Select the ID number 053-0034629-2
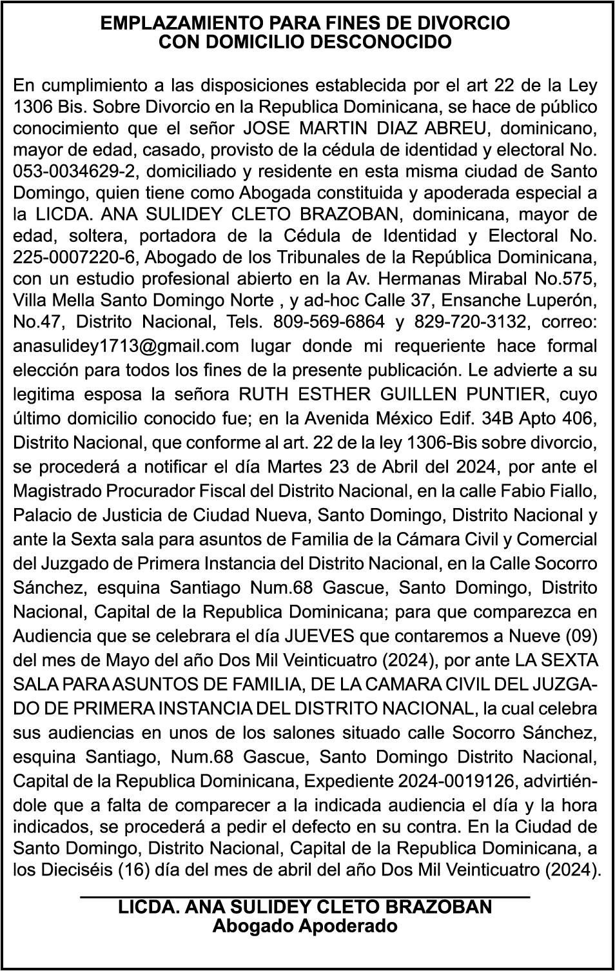pos(76,172)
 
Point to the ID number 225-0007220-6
pos(76,257)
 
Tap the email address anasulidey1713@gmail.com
pos(126,346)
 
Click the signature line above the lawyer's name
pos(305,896)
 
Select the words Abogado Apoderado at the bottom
pos(305,927)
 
